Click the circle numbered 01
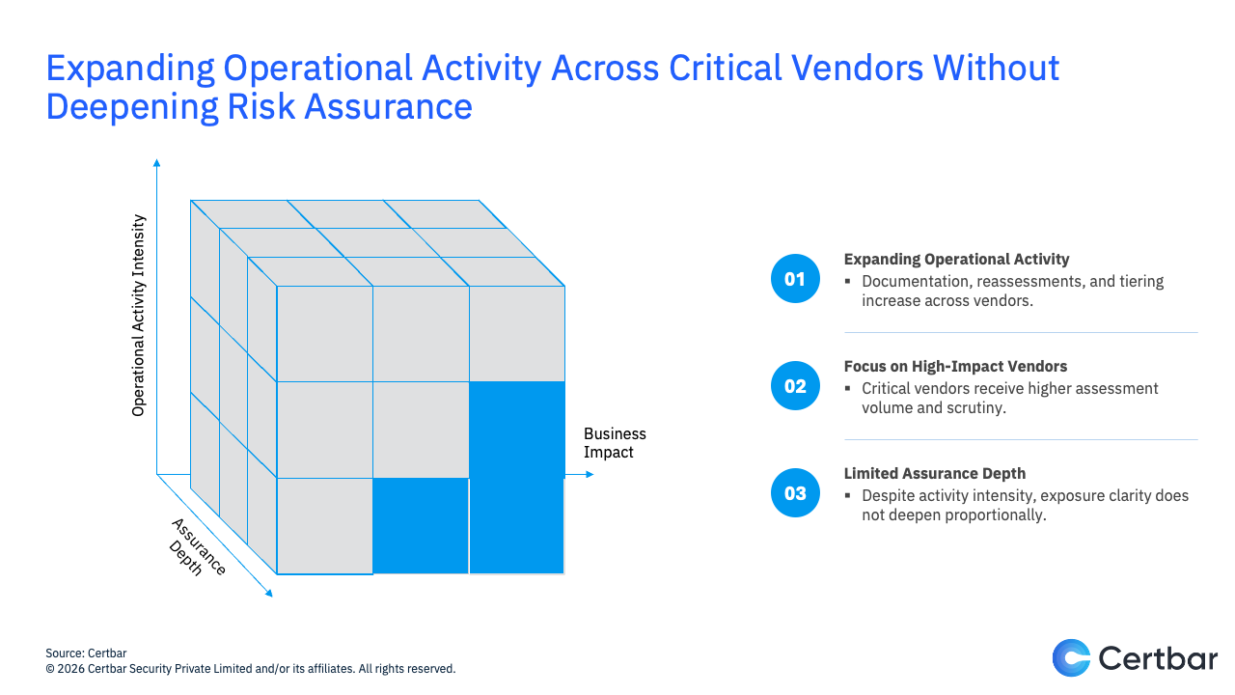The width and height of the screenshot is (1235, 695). click(795, 279)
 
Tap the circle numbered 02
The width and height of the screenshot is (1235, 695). click(795, 385)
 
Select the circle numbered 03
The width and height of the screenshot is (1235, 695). click(795, 492)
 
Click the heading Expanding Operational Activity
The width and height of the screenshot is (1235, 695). click(956, 260)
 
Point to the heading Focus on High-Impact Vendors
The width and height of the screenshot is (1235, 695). click(955, 366)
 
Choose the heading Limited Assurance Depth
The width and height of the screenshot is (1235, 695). click(935, 473)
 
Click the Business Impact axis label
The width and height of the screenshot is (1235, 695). click(615, 443)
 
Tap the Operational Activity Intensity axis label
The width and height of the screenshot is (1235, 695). click(138, 315)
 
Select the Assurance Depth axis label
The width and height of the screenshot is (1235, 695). click(197, 547)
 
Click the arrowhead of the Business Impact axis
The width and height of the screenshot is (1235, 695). click(590, 474)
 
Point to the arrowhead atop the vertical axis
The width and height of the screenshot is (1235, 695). click(156, 162)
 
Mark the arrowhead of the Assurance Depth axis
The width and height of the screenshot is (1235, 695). click(269, 594)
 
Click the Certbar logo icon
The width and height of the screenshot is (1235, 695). click(1071, 658)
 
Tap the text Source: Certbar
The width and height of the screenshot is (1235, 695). click(86, 653)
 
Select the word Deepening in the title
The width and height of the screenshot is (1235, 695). click(132, 106)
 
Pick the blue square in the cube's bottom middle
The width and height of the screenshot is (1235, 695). click(421, 526)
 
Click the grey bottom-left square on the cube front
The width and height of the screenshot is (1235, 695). click(325, 526)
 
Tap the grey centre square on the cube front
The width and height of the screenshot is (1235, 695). click(421, 430)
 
